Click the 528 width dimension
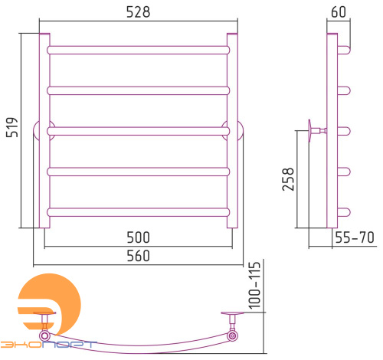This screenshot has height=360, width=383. pos(138,12)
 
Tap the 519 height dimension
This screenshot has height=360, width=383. pos(12,127)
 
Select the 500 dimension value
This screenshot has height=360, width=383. pos(138,237)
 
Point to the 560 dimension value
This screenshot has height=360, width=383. pos(138,256)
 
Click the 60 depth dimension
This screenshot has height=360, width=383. pos(339,12)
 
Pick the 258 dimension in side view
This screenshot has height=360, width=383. pos(288,179)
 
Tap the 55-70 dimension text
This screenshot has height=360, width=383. pos(355,237)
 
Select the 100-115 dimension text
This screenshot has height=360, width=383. pos(254,286)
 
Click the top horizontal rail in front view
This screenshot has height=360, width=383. pos(138,50)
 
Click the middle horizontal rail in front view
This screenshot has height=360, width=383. pos(138,131)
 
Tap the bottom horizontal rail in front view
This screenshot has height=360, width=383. pos(138,212)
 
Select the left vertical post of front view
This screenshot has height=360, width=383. pos(44,130)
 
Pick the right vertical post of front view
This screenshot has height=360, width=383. pos(232,130)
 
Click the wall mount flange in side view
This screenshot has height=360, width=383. pos(309,131)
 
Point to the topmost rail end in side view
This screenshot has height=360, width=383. pos(344,50)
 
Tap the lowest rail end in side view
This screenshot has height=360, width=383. pos(344,212)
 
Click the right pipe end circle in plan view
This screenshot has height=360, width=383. pos(232,335)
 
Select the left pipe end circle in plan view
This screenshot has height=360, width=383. pos(44,335)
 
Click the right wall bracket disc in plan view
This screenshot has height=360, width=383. pos(232,313)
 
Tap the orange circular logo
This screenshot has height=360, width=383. pos(51,304)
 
